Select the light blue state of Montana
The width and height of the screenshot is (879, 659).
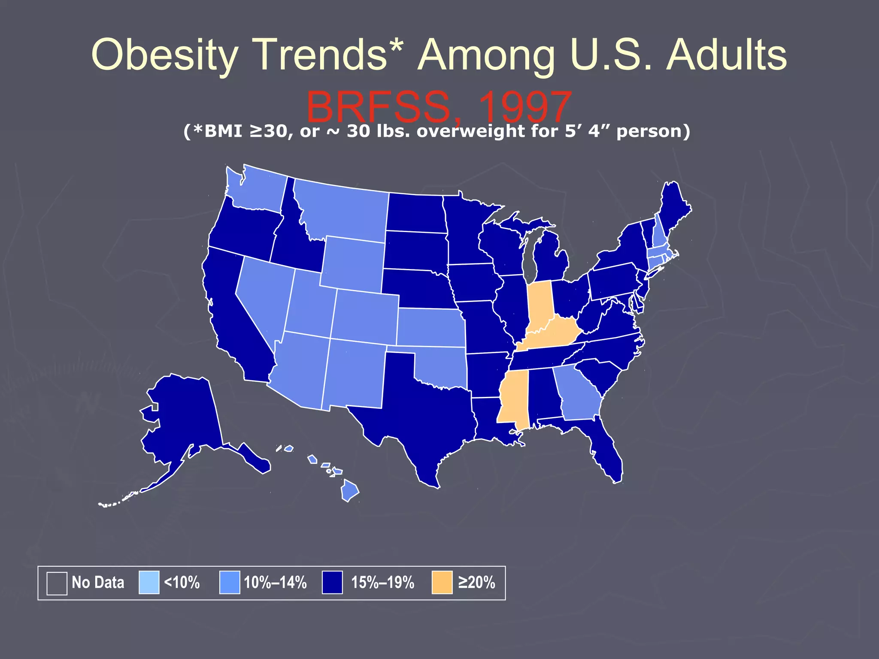(x=343, y=210)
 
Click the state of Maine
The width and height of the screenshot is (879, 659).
(x=674, y=206)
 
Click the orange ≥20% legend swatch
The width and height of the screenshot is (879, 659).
(x=442, y=582)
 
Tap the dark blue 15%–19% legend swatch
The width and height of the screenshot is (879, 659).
(x=332, y=582)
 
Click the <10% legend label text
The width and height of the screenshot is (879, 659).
(x=182, y=582)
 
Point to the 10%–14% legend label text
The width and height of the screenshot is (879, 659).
(x=275, y=582)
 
